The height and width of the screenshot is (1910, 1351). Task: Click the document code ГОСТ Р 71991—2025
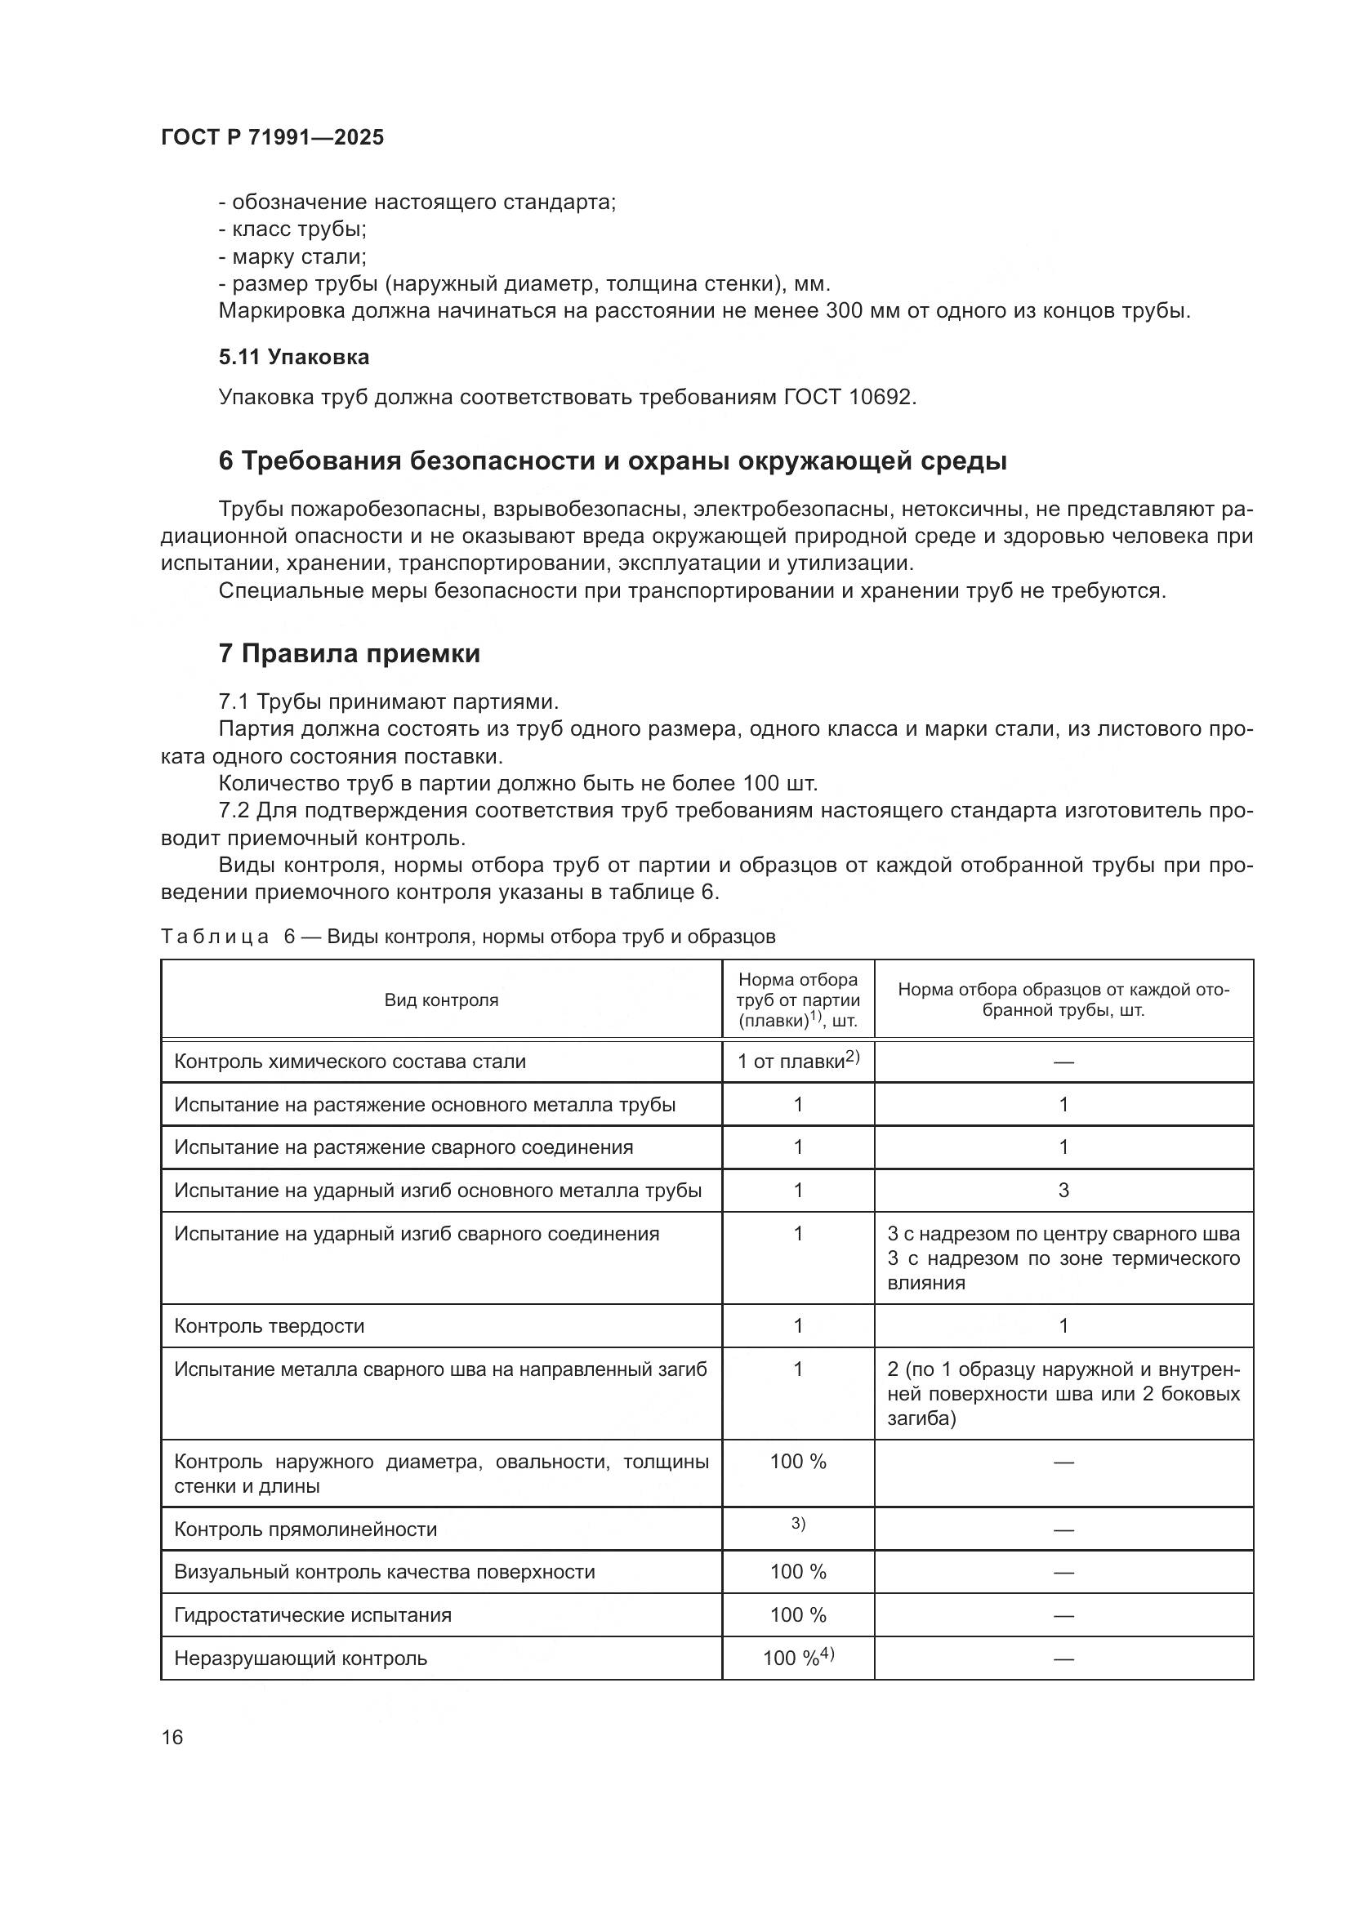point(273,138)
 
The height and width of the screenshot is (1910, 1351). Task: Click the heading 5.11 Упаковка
point(294,357)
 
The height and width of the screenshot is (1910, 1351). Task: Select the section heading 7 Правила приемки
point(350,654)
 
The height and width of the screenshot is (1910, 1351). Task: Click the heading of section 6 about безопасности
point(613,461)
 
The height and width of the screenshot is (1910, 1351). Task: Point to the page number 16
point(172,1737)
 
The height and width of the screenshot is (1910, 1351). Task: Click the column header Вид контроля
point(441,1000)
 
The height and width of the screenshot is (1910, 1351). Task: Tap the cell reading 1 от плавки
point(797,1062)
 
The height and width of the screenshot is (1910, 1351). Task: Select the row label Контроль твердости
point(270,1326)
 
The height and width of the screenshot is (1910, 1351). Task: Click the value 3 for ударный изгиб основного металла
point(1063,1191)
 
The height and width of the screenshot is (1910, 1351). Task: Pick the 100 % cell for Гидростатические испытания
point(798,1614)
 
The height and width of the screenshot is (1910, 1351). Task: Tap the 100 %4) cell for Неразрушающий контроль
point(798,1658)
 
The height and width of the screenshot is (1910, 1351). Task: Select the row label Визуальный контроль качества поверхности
point(385,1571)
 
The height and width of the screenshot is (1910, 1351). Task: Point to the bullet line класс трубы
point(293,229)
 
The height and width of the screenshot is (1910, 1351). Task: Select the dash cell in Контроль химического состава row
point(1063,1062)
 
